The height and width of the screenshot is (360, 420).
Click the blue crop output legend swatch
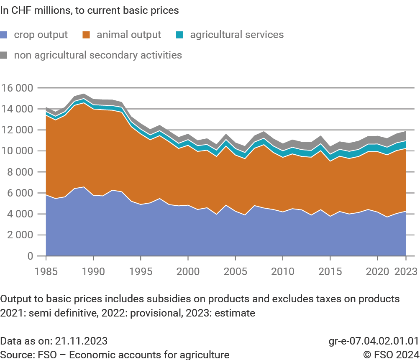click(x=4, y=35)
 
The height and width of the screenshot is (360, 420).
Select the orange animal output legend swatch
click(x=87, y=35)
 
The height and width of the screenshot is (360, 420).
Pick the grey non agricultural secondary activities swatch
click(x=4, y=55)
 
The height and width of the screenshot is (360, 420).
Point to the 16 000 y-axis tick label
click(x=17, y=88)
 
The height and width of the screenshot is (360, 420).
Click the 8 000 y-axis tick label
click(x=20, y=172)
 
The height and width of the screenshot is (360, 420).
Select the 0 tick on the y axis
click(x=30, y=256)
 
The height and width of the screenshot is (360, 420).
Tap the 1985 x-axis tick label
click(x=46, y=271)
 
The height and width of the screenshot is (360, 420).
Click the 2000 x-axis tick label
click(x=188, y=271)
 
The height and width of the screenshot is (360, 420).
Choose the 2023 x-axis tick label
click(x=406, y=271)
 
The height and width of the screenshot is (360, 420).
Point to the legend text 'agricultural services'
click(x=237, y=35)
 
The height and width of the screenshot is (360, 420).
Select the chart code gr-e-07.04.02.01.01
click(x=374, y=340)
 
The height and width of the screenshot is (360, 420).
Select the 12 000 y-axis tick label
click(x=17, y=130)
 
